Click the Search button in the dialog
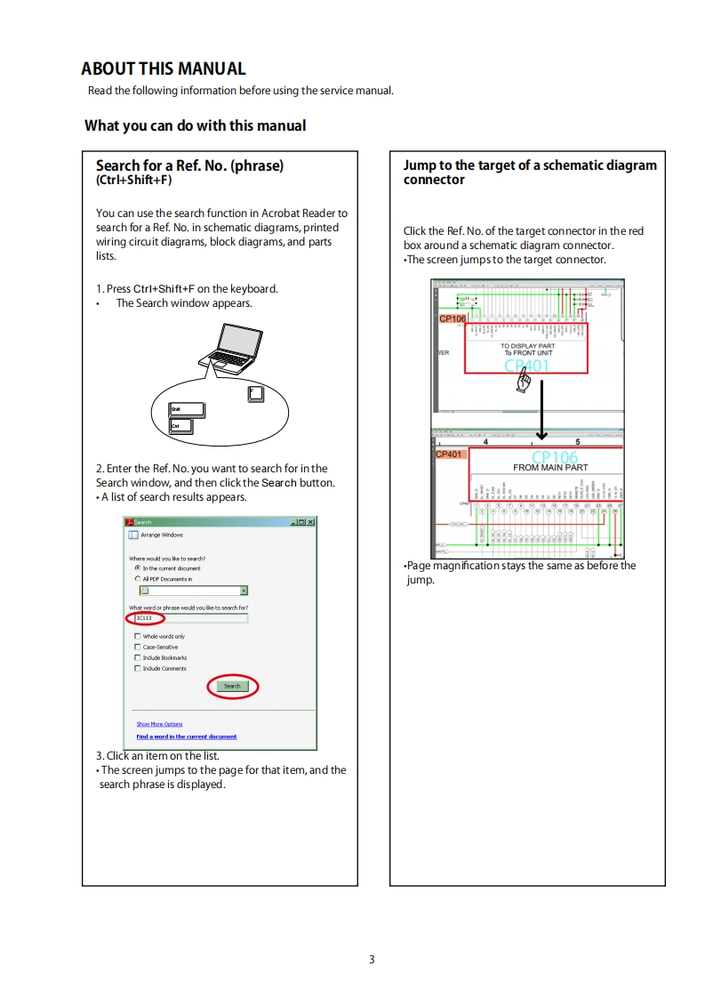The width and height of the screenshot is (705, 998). pos(232,686)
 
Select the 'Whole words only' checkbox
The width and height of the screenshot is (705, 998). pos(137,637)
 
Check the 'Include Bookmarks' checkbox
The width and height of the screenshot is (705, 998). pos(137,658)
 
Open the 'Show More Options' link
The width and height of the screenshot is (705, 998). pos(159,724)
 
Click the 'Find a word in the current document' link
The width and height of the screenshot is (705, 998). pos(186,736)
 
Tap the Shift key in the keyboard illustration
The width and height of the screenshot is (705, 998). pos(186,409)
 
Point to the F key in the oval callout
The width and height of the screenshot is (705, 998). pos(256,393)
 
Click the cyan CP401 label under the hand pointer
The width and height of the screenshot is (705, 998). pos(526,366)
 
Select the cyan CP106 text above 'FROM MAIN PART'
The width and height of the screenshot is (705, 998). pos(554,456)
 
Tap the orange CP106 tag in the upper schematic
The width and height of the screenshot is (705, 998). pos(453,318)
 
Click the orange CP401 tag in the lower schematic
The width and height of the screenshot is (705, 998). pos(449,455)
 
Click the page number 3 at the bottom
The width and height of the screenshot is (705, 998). pos(372,959)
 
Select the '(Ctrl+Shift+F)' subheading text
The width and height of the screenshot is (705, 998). pos(133,180)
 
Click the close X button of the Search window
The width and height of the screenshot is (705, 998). pos(310,522)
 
